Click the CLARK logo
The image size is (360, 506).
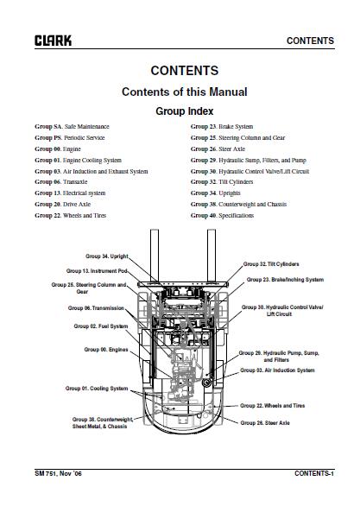pyautogui.click(x=54, y=41)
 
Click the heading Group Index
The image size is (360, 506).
pyautogui.click(x=185, y=111)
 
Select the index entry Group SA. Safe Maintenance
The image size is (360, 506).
pyautogui.click(x=72, y=126)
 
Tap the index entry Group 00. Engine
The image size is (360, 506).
pyautogui.click(x=58, y=149)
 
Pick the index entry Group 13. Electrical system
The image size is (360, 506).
pyautogui.click(x=70, y=193)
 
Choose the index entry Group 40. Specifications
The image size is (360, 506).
pyautogui.click(x=222, y=215)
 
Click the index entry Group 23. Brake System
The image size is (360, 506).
pyautogui.click(x=222, y=126)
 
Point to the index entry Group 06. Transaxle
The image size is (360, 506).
pyautogui.click(x=61, y=181)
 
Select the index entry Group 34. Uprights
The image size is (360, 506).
pyautogui.click(x=216, y=193)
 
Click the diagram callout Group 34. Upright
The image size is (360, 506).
pyautogui.click(x=107, y=256)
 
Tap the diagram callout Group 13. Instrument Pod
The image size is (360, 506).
pyautogui.click(x=97, y=271)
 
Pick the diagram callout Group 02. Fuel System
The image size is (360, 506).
pyautogui.click(x=101, y=326)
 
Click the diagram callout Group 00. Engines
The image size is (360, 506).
pyautogui.click(x=106, y=350)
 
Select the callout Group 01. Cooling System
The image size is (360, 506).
pyautogui.click(x=97, y=389)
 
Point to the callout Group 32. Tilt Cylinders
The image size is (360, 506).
pyautogui.click(x=271, y=264)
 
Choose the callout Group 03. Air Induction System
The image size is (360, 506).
pyautogui.click(x=277, y=370)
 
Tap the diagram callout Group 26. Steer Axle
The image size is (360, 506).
pyautogui.click(x=265, y=423)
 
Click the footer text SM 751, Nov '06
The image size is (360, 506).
pyautogui.click(x=58, y=473)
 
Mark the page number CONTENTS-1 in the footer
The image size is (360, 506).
pyautogui.click(x=314, y=473)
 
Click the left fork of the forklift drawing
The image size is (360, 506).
pyautogui.click(x=155, y=255)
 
